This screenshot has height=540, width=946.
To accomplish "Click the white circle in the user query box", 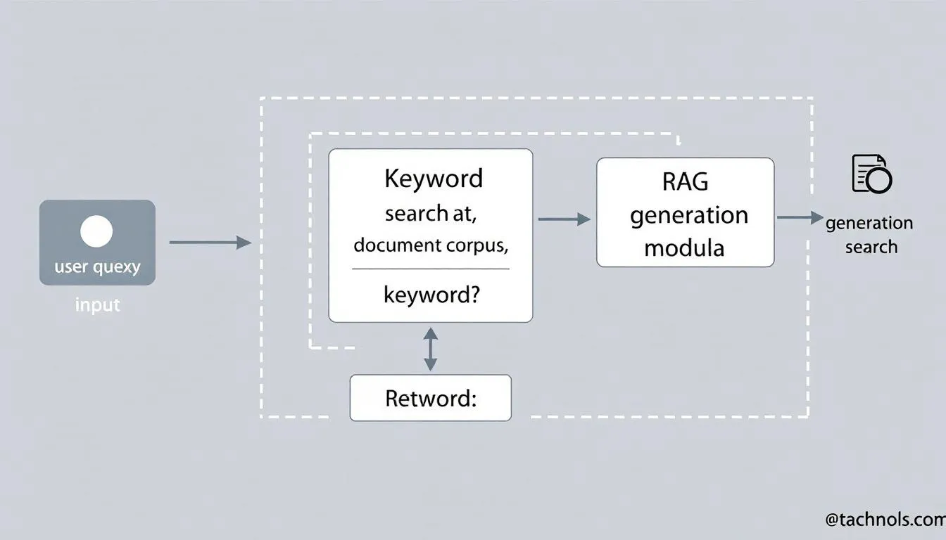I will coord(96,232).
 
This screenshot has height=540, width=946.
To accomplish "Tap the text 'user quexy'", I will coord(97,267).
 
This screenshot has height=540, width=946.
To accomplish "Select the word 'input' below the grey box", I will coord(97,305).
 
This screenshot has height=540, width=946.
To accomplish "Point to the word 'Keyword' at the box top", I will coord(434,178).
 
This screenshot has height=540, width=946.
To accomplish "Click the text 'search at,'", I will coord(431,213).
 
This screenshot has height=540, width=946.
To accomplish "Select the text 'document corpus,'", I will coord(431,245).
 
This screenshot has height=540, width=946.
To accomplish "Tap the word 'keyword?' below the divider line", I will coord(431,294).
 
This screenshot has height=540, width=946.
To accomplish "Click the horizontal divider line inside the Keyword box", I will coord(431,269).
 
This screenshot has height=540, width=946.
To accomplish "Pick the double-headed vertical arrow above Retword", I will coord(430,349).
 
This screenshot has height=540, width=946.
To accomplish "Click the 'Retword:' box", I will coord(430,398).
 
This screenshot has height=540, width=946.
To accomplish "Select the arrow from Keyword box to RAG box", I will coord(564,219).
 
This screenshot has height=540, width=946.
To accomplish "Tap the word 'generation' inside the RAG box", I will coord(688,214).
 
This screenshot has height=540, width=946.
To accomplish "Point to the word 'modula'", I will coord(684,247).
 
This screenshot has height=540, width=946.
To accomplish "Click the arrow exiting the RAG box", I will coord(800,217).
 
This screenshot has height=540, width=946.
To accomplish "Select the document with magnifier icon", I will coord(871,174).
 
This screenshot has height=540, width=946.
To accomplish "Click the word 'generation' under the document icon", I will coord(869,224).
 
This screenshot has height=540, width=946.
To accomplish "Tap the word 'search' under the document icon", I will coord(871,247).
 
